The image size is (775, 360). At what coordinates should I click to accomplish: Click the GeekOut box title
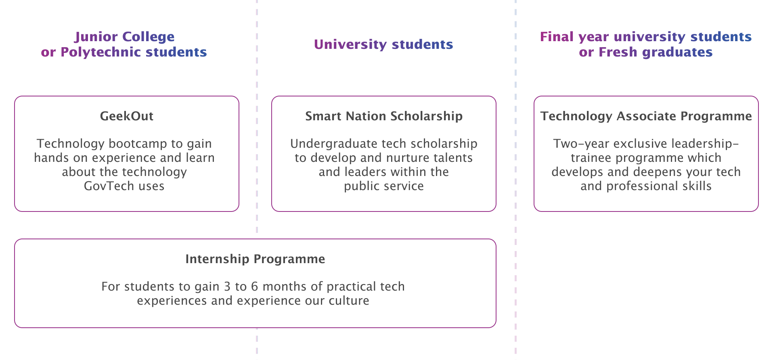(x=126, y=116)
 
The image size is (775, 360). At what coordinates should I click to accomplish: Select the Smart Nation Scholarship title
(x=383, y=116)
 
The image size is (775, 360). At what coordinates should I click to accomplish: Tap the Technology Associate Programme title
(x=646, y=116)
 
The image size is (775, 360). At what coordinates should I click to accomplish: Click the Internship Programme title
(x=255, y=259)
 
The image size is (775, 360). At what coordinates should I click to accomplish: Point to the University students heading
(x=383, y=44)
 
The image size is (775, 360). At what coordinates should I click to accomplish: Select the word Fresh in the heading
(x=618, y=52)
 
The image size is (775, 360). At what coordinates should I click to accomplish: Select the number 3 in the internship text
(x=227, y=287)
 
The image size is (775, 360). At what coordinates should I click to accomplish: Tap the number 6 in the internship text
(x=254, y=287)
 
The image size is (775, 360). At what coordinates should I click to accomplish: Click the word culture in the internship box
(x=349, y=301)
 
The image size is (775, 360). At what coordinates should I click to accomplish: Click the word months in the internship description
(x=285, y=287)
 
